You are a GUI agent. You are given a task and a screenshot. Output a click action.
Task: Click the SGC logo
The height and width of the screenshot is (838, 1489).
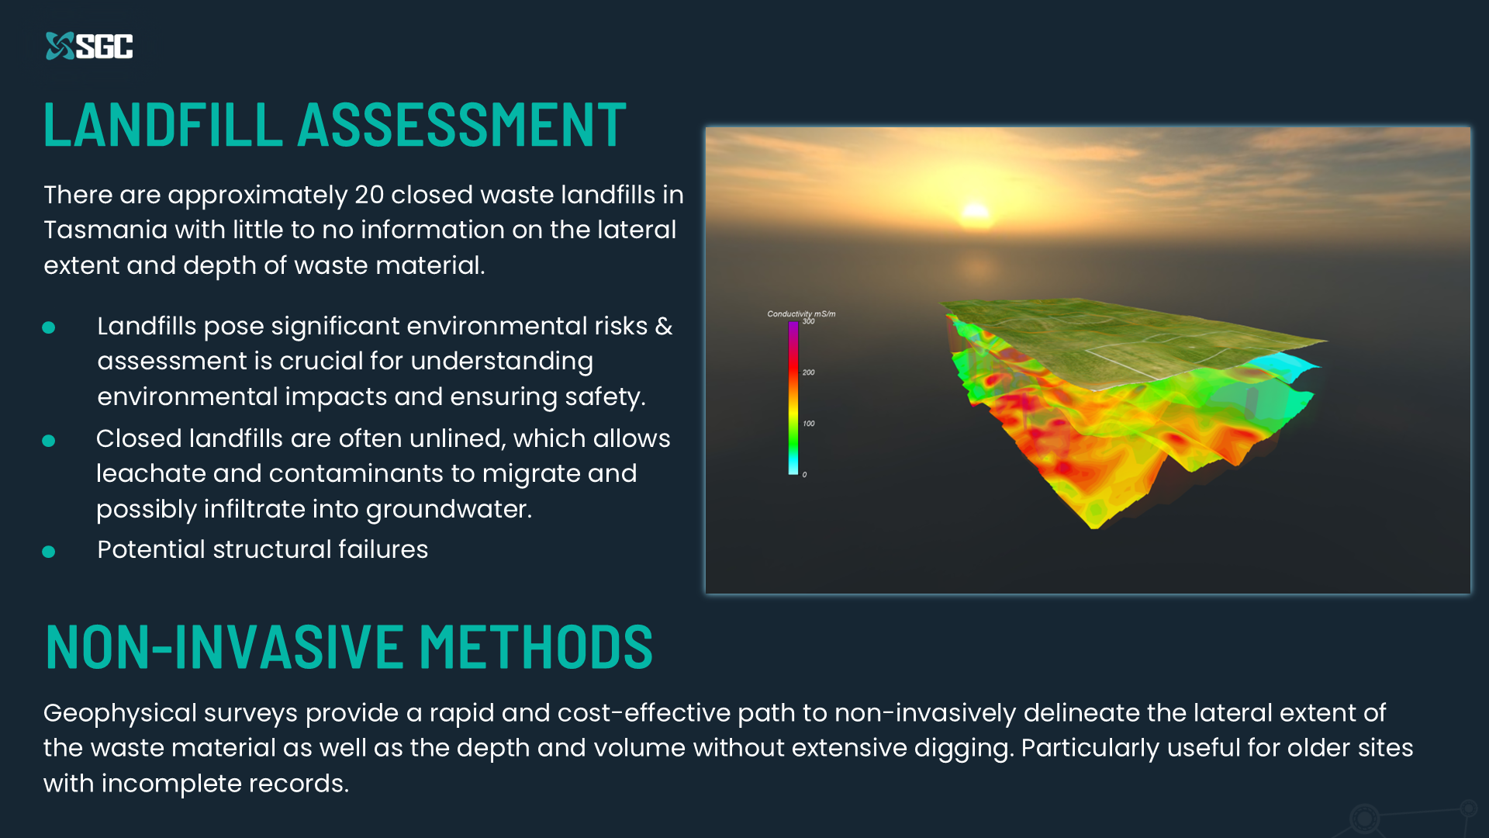[89, 46]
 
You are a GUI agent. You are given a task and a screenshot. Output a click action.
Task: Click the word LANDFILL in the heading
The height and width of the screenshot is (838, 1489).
[164, 124]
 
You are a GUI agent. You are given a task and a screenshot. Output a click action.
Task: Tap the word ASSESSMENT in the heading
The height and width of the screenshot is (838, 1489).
[462, 124]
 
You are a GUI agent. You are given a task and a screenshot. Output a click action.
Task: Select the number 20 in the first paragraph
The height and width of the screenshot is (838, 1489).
[369, 195]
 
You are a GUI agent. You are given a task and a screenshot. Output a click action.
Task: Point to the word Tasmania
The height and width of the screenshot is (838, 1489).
[105, 230]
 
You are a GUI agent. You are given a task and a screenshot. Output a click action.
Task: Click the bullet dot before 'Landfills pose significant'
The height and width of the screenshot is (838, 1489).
[49, 327]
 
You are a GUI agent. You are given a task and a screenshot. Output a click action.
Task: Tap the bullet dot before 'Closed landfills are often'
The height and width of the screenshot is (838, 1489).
[49, 441]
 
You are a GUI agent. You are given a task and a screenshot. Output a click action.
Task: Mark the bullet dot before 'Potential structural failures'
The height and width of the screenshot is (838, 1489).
[49, 552]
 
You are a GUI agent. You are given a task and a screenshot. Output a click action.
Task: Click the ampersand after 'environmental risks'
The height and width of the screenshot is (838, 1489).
[664, 327]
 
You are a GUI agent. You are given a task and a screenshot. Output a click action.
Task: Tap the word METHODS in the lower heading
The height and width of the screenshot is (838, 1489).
[537, 646]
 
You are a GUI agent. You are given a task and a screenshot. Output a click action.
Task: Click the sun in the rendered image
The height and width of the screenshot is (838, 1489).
[975, 210]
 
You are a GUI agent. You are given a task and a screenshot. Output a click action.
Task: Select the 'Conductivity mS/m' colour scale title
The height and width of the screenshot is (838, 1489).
[801, 313]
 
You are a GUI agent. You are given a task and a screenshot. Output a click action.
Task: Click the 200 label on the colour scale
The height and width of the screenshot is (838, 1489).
[808, 372]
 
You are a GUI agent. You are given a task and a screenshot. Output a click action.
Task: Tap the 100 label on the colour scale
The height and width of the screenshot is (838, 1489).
[808, 424]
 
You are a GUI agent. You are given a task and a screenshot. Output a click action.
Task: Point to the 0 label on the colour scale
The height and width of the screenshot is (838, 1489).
[804, 475]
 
